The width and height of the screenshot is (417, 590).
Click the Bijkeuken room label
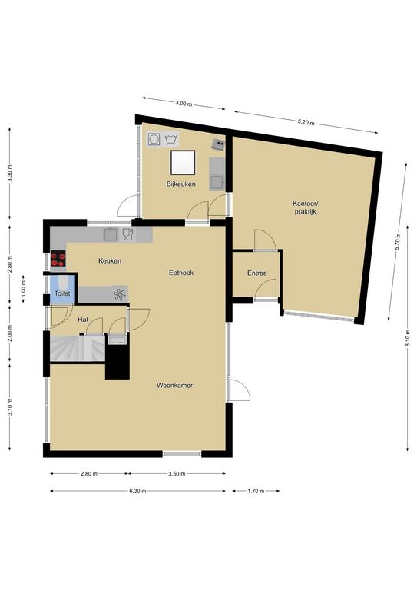[181, 184]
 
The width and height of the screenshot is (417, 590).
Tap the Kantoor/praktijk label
[306, 207]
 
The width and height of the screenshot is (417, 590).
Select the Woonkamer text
[174, 386]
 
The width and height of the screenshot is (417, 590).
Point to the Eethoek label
[181, 273]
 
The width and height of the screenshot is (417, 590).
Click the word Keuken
[110, 260]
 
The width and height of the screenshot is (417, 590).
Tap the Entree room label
[257, 273]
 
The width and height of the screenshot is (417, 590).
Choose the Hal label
[83, 320]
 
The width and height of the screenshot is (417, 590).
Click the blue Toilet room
[62, 289]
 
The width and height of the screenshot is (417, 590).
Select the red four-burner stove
[58, 258]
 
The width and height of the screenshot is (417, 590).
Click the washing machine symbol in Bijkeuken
[154, 139]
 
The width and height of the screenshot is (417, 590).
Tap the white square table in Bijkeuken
[183, 162]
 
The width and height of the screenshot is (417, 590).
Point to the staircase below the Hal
[78, 349]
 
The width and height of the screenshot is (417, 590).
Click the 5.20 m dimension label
[306, 122]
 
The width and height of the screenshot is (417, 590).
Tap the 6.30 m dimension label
[138, 491]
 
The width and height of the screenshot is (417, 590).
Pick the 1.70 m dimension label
[256, 491]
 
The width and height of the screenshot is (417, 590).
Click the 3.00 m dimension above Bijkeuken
[184, 104]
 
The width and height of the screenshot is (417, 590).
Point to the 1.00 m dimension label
[23, 290]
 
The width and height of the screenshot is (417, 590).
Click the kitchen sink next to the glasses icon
[111, 235]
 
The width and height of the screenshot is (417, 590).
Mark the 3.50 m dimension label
[177, 474]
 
